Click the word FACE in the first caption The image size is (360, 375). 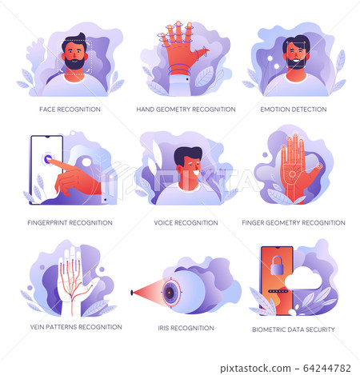tap(47, 110)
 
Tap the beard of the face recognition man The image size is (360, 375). tap(74, 64)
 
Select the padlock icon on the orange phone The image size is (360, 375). tap(277, 265)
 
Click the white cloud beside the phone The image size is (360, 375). tap(303, 278)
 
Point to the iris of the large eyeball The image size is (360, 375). tap(170, 293)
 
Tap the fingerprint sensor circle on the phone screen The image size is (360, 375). tap(48, 159)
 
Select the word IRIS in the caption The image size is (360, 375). tap(163, 328)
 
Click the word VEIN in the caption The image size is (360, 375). tap(37, 327)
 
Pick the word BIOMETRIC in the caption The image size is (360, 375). tap(266, 329)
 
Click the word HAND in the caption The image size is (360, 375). tap(146, 110)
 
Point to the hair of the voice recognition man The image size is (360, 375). tap(187, 155)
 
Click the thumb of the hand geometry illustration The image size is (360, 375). tap(202, 52)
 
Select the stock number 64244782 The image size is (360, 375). tap(327, 368)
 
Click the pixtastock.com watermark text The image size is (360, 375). tap(255, 369)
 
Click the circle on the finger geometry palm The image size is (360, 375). tap(292, 174)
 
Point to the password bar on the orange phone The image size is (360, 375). tap(278, 291)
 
